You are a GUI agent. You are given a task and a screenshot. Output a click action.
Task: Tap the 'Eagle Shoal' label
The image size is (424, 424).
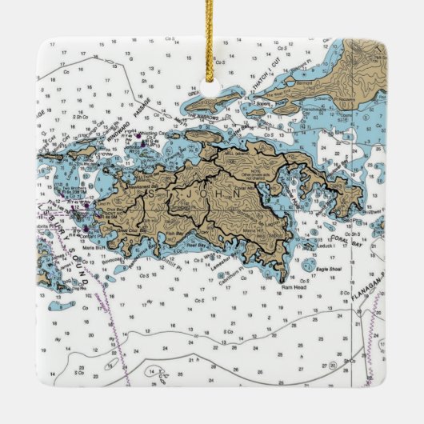point(334,270)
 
